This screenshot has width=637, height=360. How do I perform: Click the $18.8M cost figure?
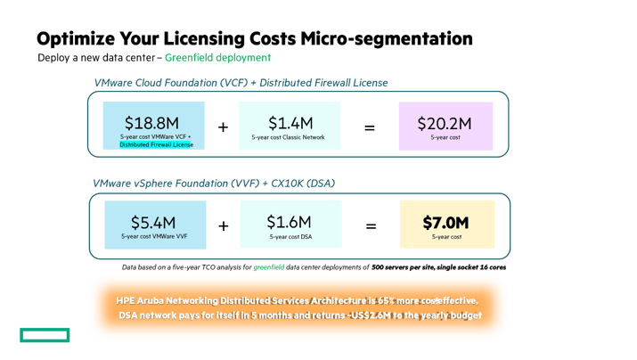(151, 122)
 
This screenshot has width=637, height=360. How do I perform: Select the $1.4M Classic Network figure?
(290, 122)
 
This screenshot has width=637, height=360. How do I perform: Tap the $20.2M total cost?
(445, 123)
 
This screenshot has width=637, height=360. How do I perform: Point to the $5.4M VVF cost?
(153, 222)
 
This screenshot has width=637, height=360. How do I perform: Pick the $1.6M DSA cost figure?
(290, 222)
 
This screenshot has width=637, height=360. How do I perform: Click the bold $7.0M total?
(445, 222)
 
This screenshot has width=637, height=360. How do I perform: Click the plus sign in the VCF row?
(223, 127)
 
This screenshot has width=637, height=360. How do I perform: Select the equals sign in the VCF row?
(370, 127)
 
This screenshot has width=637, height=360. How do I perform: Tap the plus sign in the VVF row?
(223, 226)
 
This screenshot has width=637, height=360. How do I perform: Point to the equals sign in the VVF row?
(371, 226)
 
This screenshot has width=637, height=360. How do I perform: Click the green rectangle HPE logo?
(45, 335)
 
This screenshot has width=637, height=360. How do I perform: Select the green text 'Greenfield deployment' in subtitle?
(217, 58)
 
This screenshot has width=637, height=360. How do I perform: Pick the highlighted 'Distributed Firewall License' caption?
(156, 144)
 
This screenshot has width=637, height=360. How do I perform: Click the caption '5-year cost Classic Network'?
(288, 137)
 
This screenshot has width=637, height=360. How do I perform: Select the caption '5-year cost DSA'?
(290, 237)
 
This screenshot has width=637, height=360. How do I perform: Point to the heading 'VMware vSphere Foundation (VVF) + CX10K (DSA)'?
(214, 184)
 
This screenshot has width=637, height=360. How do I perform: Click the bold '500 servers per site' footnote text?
(411, 267)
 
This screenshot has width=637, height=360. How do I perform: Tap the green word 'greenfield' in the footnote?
(268, 267)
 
